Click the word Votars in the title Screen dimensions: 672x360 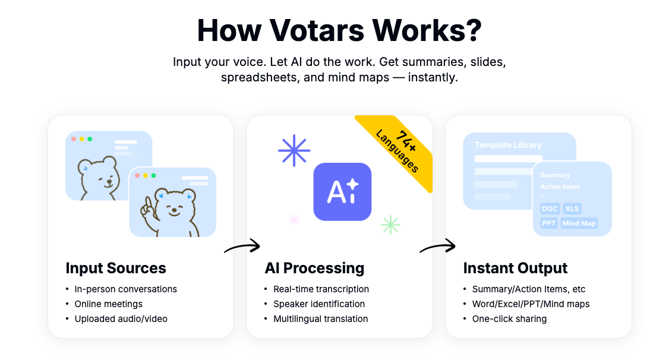pyautogui.click(x=317, y=30)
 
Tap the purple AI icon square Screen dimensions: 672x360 pyautogui.click(x=342, y=191)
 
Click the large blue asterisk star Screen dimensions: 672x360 pyautogui.click(x=294, y=150)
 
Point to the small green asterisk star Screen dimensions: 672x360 pyautogui.click(x=390, y=225)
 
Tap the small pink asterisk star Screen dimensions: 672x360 pyautogui.click(x=294, y=220)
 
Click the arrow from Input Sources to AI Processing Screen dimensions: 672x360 pyautogui.click(x=242, y=247)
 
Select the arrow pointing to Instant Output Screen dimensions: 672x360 pyautogui.click(x=437, y=247)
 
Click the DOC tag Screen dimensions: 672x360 pyautogui.click(x=550, y=209)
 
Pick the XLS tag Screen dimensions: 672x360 pyautogui.click(x=572, y=209)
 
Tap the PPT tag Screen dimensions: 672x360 pyautogui.click(x=548, y=223)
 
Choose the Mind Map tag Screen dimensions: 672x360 pyautogui.click(x=579, y=223)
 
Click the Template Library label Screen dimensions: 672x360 pyautogui.click(x=508, y=145)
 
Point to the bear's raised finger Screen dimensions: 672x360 pyautogui.click(x=147, y=202)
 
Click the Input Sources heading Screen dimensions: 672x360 pyautogui.click(x=116, y=269)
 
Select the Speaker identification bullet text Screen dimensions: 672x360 pyautogui.click(x=319, y=304)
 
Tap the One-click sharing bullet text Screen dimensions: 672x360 pyautogui.click(x=510, y=319)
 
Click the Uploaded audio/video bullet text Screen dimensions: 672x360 pyautogui.click(x=121, y=319)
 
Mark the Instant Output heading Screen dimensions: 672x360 pyautogui.click(x=515, y=269)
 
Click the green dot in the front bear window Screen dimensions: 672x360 pyautogui.click(x=153, y=176)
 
